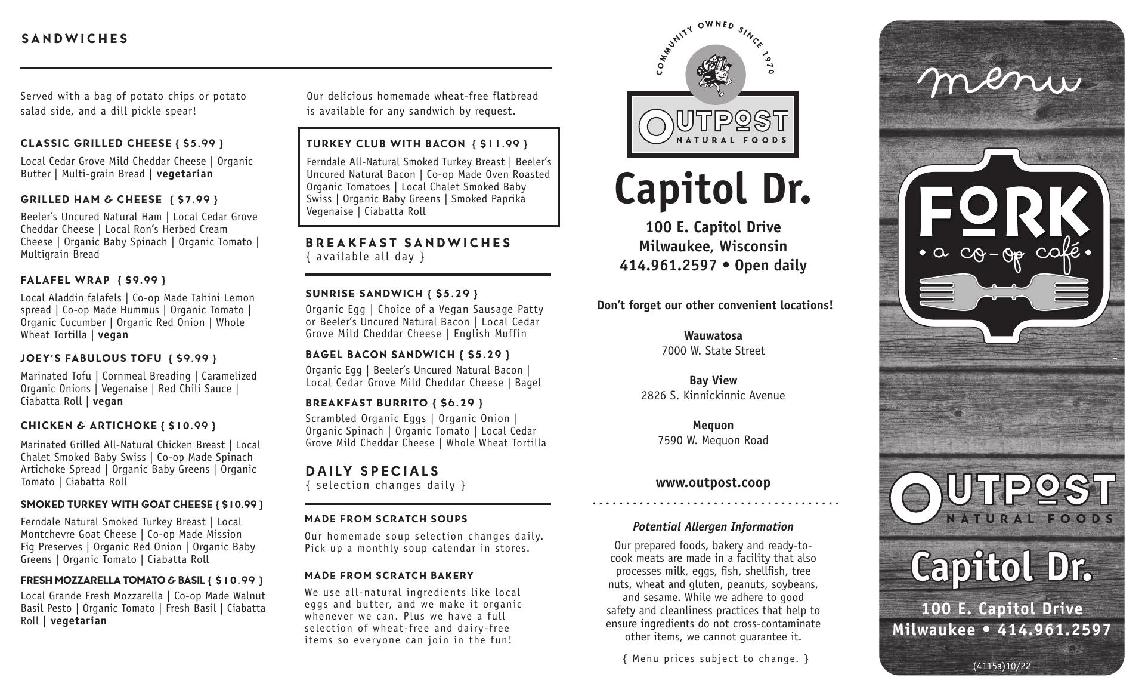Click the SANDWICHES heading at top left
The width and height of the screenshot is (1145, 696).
pos(75,39)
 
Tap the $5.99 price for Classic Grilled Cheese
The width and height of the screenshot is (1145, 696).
pos(199,143)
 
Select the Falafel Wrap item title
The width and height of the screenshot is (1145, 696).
pos(66,280)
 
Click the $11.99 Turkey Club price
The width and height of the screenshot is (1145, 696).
pos(500,144)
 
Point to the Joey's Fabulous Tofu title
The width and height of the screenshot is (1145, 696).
pos(91,358)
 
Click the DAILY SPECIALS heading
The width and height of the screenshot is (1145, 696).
pos(372,471)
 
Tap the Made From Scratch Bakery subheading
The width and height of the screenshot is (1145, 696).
pos(389,575)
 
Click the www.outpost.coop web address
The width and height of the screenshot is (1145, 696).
pos(713,482)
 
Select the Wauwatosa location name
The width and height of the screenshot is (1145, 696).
pos(713,335)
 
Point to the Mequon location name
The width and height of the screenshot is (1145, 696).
pos(713,425)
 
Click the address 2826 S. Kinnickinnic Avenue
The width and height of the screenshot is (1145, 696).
pos(713,395)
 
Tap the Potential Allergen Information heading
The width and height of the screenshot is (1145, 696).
pos(713,526)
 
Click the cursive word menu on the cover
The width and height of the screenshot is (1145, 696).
pos(999,82)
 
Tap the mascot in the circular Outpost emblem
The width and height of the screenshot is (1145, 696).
pos(715,75)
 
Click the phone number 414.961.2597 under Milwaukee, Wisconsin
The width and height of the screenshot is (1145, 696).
pos(668,266)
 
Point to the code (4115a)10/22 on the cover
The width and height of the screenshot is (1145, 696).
pos(1001,666)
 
